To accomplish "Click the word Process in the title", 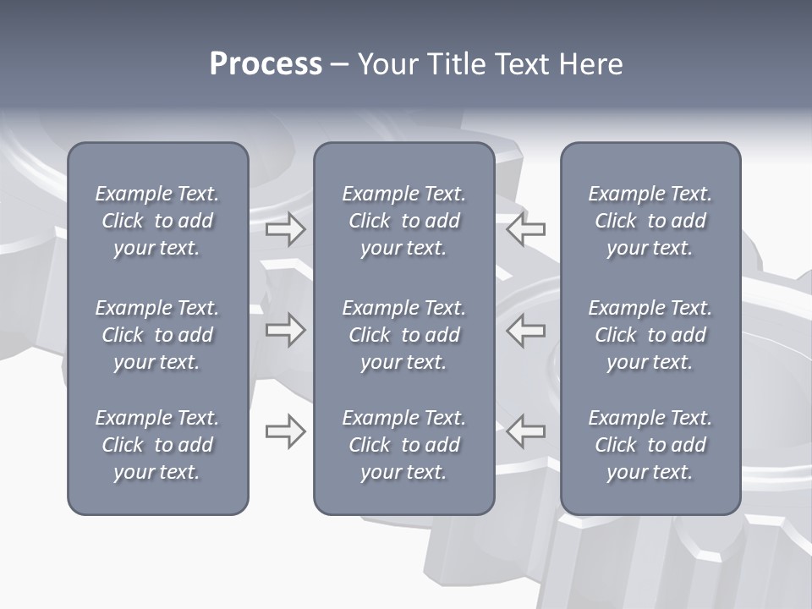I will coord(266,64).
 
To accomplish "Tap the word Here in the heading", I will coord(590,64).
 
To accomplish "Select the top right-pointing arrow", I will coord(286,229).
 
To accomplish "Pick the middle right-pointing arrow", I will coord(286,330).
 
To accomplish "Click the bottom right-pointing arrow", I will coord(286,431).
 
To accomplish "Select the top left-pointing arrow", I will coord(526,229).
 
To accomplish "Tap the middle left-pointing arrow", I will coord(526,330).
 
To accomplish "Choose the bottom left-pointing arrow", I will coord(526,431).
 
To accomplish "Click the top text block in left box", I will coord(157,221).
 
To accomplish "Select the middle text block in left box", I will coord(157,335).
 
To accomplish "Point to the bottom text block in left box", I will coord(157,445).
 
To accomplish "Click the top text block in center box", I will coord(403,221).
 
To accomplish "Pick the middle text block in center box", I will coord(403,335).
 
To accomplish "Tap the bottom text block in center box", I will coord(403,445).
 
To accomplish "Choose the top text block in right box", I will coord(650,221).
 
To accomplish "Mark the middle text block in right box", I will coord(650,335).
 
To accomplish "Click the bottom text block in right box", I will coord(650,445).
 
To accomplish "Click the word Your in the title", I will coord(387,64).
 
